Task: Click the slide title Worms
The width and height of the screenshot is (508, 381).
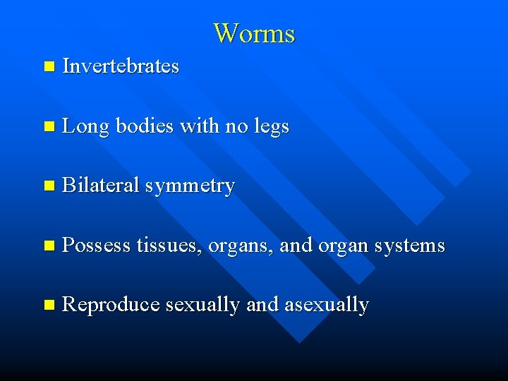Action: point(254,33)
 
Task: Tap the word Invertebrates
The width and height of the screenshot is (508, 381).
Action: point(121,66)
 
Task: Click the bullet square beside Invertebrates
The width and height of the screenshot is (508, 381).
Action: point(48,67)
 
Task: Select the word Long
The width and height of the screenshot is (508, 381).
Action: point(85,127)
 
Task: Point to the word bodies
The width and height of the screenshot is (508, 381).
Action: point(145,126)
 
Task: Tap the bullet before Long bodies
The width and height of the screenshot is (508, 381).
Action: point(48,127)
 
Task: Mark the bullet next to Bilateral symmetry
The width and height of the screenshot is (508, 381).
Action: point(48,186)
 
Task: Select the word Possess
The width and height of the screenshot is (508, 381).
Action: point(97,246)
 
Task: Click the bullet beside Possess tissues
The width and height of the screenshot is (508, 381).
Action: point(48,246)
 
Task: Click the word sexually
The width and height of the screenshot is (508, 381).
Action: point(203,305)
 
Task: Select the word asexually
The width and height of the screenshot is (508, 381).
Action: point(326,305)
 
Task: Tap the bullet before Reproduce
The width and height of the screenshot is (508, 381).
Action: point(48,306)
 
